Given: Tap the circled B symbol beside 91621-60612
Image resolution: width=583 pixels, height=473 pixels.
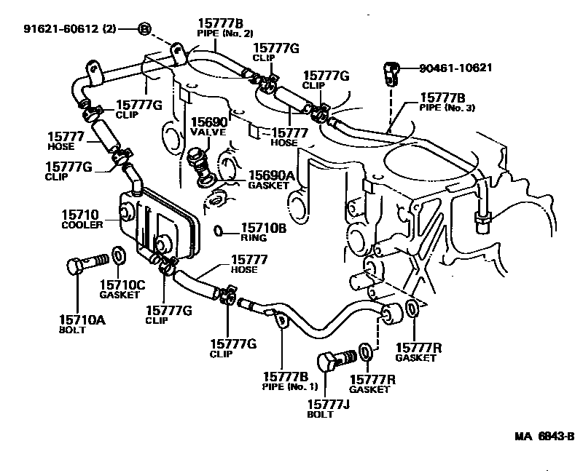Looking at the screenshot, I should coord(144,29).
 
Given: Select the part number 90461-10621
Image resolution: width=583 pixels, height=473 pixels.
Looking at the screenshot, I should coord(456,68).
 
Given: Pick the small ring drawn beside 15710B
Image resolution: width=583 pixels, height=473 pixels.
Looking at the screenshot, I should coord(219,231).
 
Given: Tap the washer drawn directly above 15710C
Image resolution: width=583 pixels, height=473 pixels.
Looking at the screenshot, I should coord(119,258).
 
